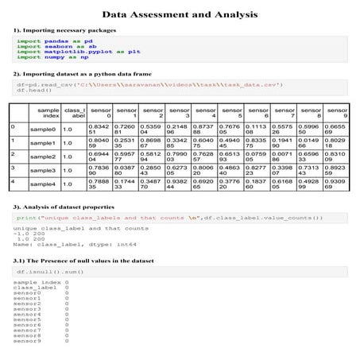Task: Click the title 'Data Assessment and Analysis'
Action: [x=180, y=14]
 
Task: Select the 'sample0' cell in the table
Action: [x=42, y=129]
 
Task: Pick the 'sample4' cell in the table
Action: [x=42, y=184]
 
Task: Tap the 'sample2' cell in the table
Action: [x=42, y=157]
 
